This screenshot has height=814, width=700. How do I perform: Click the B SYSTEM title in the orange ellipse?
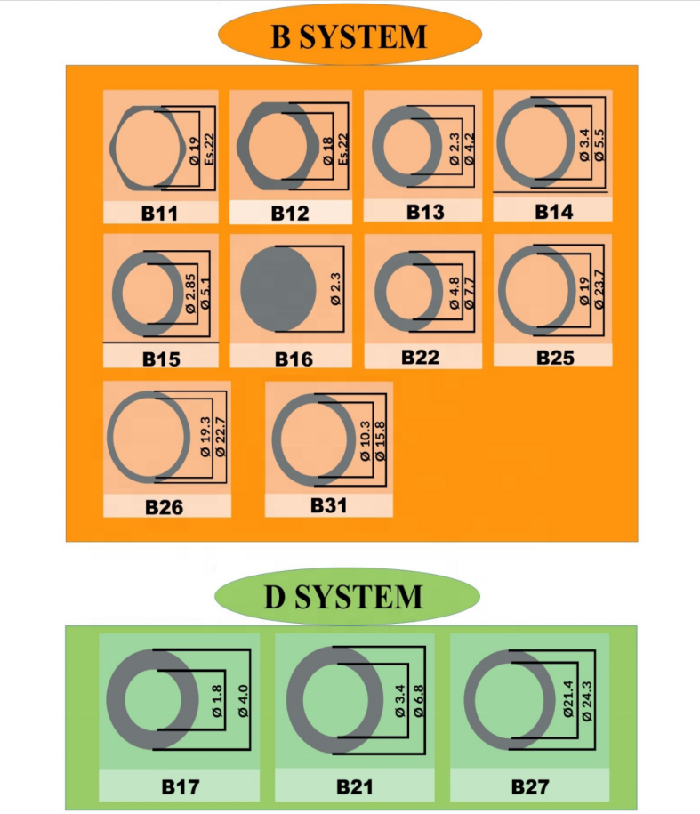tap(349, 36)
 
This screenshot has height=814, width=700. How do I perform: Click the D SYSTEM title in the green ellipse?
tap(343, 596)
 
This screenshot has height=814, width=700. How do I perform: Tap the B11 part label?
tap(159, 214)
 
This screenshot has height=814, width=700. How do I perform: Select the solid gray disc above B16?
tap(278, 288)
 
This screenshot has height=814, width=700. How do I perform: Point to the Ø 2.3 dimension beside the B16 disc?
tap(335, 289)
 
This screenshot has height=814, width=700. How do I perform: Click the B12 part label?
tap(290, 214)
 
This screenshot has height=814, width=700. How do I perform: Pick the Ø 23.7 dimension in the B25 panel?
tap(599, 290)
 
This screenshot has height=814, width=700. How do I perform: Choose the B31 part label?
tap(328, 505)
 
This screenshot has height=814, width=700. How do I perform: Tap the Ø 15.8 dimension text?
tap(381, 441)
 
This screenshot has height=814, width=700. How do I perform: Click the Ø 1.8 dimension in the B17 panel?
tap(217, 701)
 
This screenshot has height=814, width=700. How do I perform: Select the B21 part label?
tap(354, 787)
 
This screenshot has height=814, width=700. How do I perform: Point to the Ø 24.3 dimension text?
tap(587, 701)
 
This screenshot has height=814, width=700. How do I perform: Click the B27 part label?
tap(530, 787)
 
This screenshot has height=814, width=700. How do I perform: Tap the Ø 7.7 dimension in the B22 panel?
tap(469, 294)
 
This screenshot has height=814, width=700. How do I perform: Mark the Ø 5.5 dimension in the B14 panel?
tap(599, 145)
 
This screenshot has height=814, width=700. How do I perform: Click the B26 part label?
tap(164, 507)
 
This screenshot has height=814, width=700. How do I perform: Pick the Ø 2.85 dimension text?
tap(190, 294)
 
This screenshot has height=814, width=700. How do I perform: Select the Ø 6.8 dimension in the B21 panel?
tap(418, 701)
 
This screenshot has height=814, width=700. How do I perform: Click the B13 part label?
tap(425, 212)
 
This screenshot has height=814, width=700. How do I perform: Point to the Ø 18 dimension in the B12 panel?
tap(328, 151)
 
